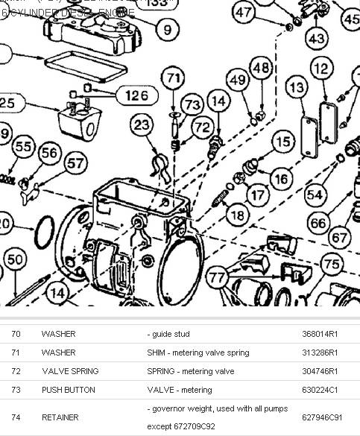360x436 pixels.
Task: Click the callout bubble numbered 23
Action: (142, 127)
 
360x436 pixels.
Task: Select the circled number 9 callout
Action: (167, 30)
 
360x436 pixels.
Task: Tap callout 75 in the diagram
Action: (332, 264)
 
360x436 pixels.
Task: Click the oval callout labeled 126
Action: (136, 95)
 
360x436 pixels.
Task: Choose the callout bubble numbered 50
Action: (14, 259)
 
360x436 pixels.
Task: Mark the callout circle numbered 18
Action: (236, 216)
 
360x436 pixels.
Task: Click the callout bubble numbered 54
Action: (315, 194)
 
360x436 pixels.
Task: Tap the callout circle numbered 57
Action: (75, 162)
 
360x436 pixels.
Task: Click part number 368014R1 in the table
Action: (320, 335)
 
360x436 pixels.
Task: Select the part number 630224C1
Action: (320, 389)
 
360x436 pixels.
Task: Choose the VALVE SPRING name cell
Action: (70, 371)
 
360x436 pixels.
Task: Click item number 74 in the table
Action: (16, 417)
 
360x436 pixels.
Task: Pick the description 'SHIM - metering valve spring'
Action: (198, 353)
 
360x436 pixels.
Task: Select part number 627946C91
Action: (322, 417)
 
